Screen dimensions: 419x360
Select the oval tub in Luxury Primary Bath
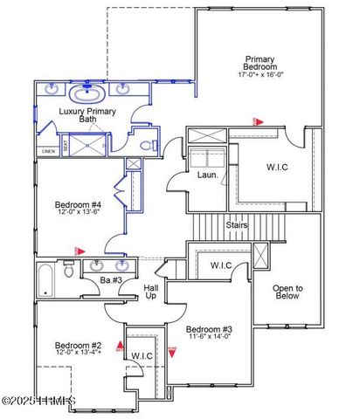87,93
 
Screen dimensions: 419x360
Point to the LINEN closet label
47,151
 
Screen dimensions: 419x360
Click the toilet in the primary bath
149,145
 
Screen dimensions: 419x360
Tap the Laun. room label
207,175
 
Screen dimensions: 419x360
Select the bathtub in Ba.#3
46,281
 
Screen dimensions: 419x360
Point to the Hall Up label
151,292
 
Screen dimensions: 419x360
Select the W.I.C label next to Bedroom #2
142,355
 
